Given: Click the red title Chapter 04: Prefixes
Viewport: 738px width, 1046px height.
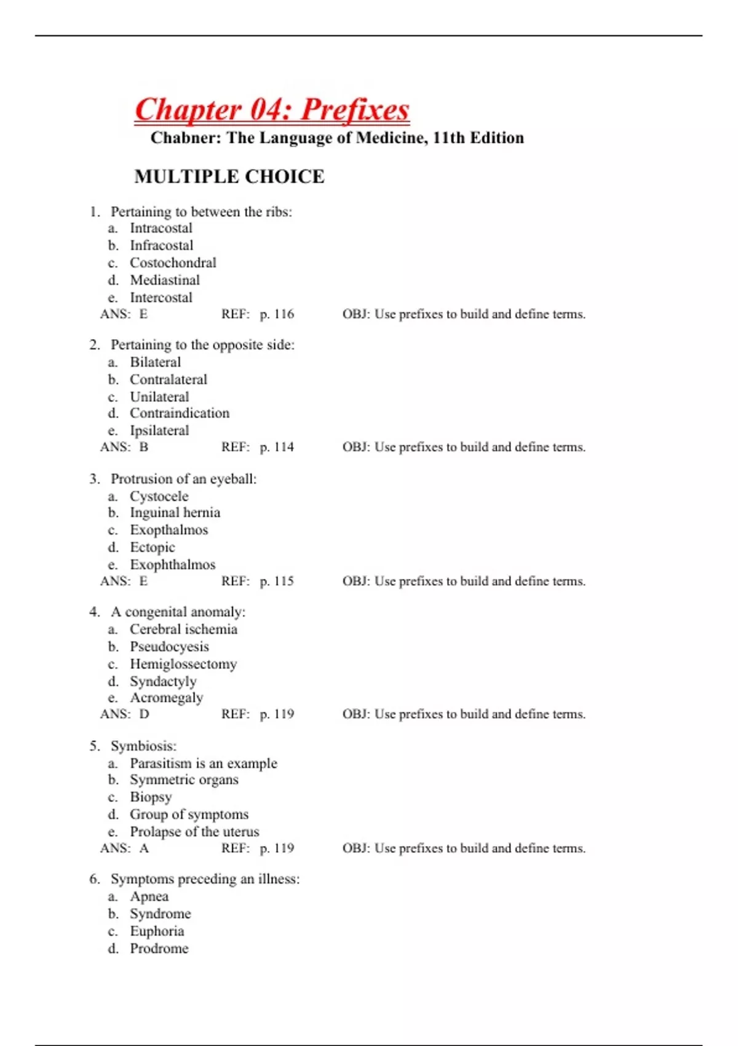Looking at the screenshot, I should point(272,110).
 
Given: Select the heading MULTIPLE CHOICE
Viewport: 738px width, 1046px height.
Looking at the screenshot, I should point(229,177).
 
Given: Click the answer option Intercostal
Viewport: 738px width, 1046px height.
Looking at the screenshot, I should point(161,298).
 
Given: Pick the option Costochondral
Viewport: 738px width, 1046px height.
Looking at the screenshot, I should point(173,263).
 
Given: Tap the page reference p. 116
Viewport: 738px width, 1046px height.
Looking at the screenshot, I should point(277,314).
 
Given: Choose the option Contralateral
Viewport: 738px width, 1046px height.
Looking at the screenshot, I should point(168,380).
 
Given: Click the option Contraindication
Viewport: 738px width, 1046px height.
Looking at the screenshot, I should point(179,413).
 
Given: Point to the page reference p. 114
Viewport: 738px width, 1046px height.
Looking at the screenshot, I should point(277,447).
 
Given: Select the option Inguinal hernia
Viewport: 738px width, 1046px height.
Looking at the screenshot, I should point(175,513).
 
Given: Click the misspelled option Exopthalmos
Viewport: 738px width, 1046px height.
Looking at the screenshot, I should point(169,530).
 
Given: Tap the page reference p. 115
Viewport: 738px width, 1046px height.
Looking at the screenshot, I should point(277,581).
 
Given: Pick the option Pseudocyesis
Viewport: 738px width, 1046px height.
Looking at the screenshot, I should point(169,647).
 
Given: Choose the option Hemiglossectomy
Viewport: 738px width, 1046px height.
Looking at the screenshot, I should point(183,664).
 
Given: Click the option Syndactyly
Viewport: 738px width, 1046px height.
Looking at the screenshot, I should point(163,681).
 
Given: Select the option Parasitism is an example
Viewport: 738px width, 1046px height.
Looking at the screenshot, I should point(203,764).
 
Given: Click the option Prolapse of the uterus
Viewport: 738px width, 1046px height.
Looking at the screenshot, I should point(194,832).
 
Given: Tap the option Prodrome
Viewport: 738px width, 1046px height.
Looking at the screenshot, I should point(159,948).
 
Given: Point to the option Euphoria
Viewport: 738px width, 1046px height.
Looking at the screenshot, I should point(157,931).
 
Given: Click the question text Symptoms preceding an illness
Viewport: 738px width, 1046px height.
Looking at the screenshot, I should point(205,879).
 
